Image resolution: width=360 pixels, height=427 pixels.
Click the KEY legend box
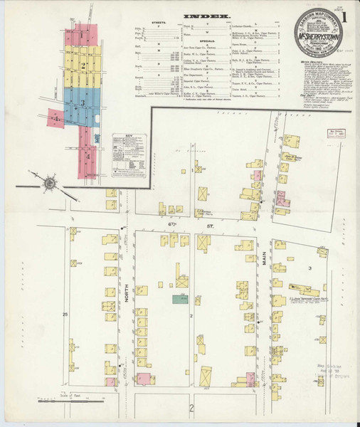tap(129, 154)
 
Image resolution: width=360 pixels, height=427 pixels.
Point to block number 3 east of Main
tap(309, 267)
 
